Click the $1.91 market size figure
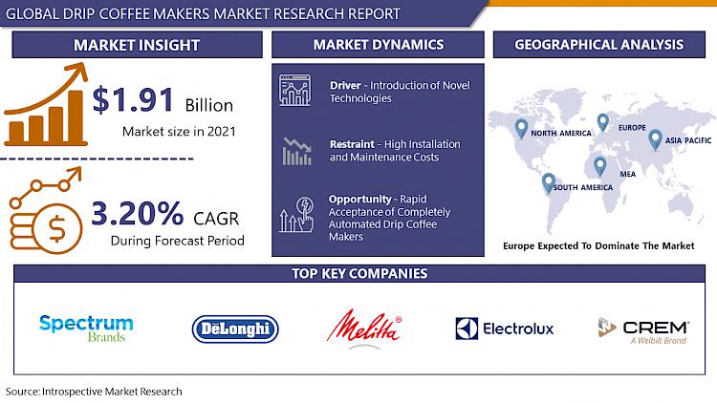133,100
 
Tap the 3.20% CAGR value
137,213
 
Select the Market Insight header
137,45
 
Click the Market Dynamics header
379,44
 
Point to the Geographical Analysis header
599,44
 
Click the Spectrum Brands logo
86,329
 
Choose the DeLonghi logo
235,329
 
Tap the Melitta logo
364,329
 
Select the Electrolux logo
505,329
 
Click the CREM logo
643,330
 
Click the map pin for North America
521,128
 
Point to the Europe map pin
602,122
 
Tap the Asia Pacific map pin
655,139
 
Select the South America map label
583,187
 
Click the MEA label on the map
628,174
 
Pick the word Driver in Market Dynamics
345,85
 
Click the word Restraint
352,144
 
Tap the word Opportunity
359,200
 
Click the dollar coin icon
56,228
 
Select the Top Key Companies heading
359,273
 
